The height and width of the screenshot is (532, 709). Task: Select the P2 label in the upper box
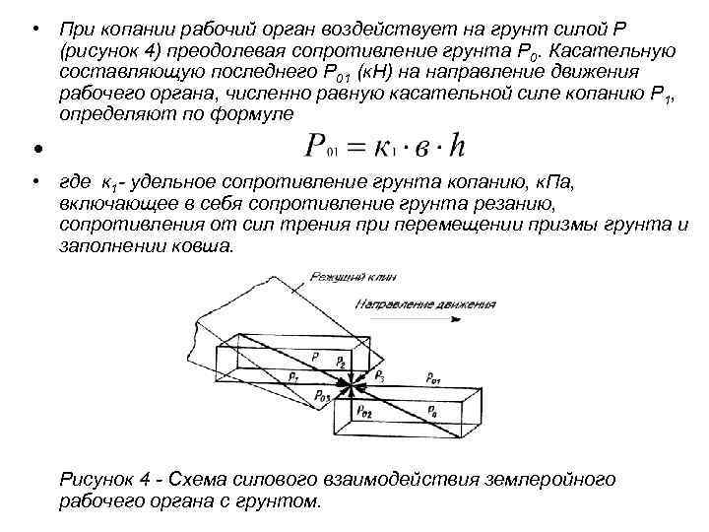(340, 364)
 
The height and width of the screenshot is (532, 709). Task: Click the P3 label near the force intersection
(381, 376)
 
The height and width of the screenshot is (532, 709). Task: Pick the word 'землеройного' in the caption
(551, 479)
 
